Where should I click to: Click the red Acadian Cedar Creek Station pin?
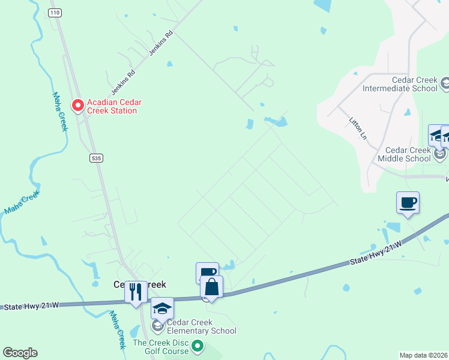(77, 105)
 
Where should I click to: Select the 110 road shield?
(56, 13)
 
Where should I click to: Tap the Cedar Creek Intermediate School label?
(400, 84)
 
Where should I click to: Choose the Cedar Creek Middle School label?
(400, 154)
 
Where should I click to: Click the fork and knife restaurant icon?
(136, 292)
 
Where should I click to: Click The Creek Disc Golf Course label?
(160, 347)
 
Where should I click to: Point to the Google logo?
(20, 353)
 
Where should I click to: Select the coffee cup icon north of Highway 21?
(408, 203)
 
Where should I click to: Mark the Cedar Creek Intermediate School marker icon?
(445, 82)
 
